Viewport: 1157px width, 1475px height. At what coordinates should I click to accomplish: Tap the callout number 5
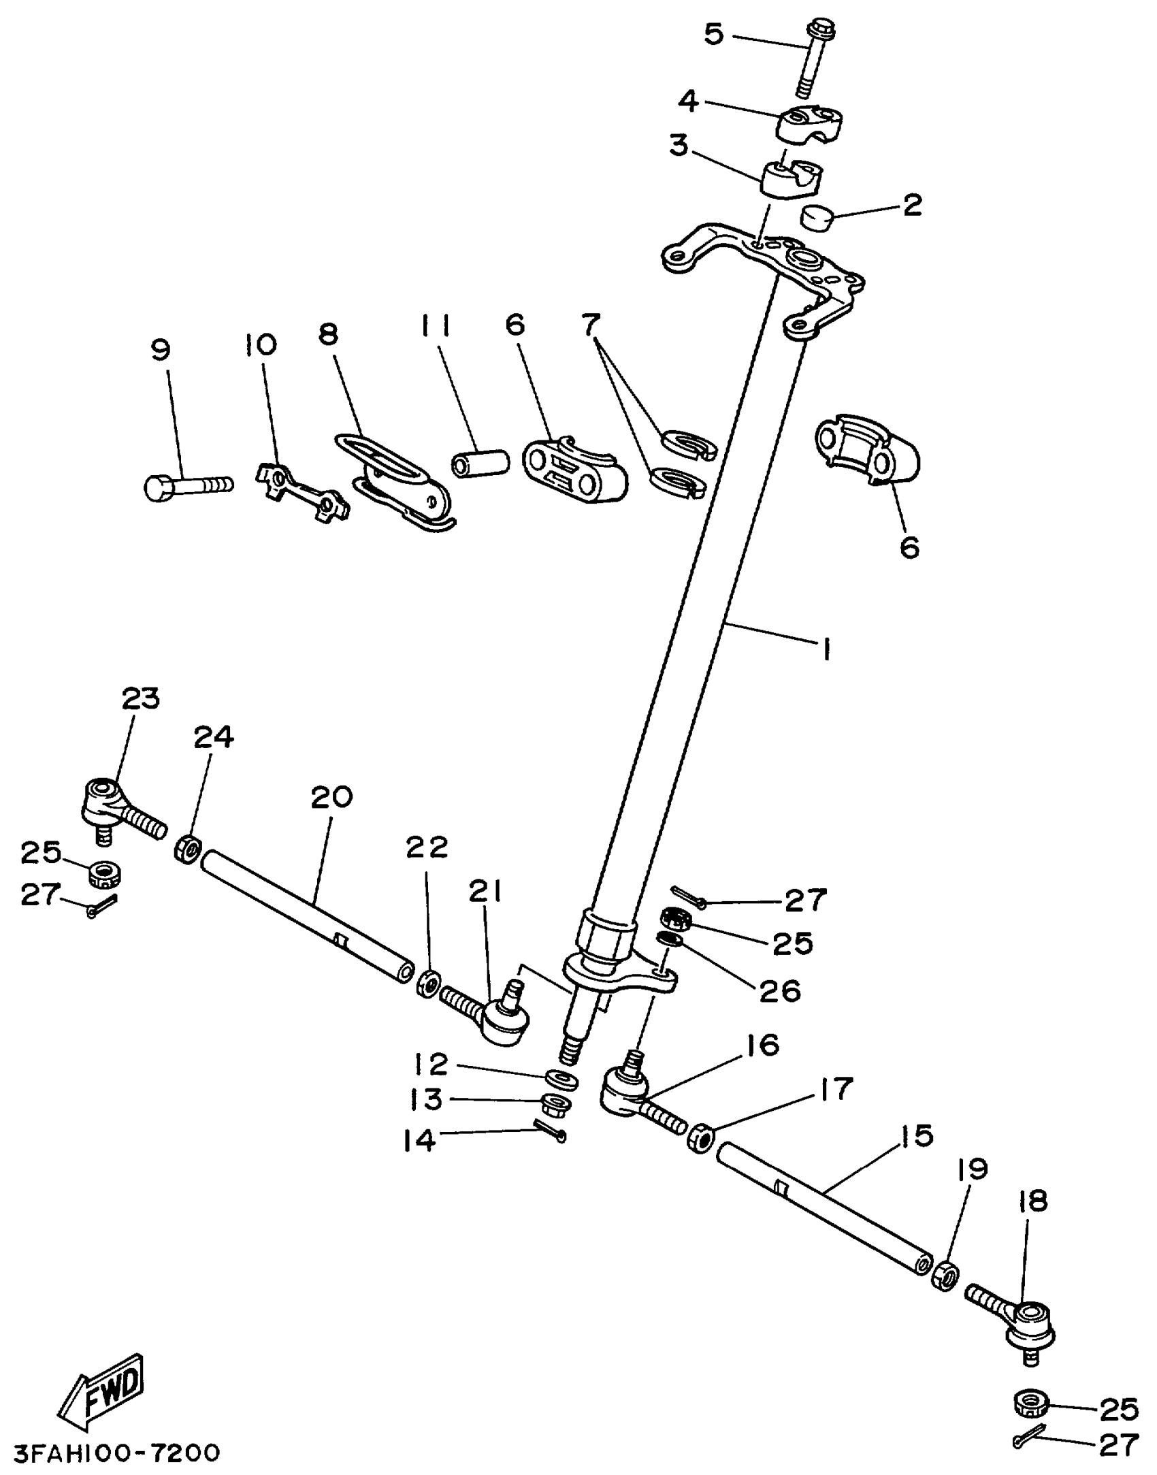pyautogui.click(x=713, y=34)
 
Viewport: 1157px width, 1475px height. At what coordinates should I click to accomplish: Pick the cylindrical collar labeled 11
pyautogui.click(x=480, y=463)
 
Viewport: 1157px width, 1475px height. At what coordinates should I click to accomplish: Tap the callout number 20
pyautogui.click(x=331, y=797)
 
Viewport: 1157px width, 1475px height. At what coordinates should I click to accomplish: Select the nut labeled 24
pyautogui.click(x=188, y=850)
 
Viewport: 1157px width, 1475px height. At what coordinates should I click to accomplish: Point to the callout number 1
pyautogui.click(x=826, y=649)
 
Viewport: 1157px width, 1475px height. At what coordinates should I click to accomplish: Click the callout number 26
pyautogui.click(x=780, y=991)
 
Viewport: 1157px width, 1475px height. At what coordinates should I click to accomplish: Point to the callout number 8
pyautogui.click(x=328, y=334)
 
